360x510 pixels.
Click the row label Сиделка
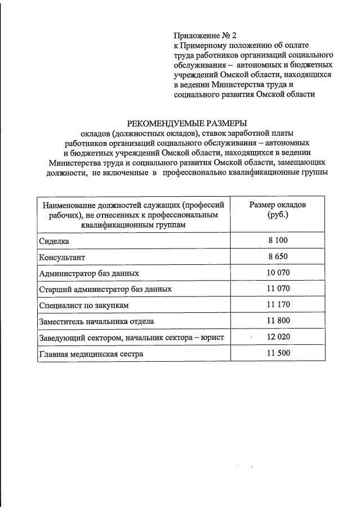pos(54,241)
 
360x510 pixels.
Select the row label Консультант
pos(62,258)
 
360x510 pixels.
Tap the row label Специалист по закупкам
pos(84,305)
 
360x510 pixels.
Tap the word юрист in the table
pos(214,338)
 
